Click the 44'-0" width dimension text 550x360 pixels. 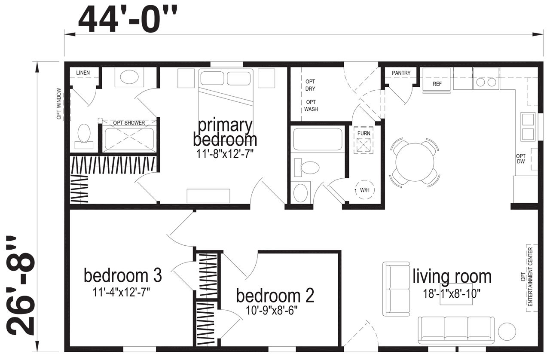[128, 20]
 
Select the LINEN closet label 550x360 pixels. [83, 73]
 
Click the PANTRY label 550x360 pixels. [401, 73]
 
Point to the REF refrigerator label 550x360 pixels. [437, 84]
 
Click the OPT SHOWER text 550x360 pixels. [129, 122]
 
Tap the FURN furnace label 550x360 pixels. [364, 133]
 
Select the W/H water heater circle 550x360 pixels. [365, 190]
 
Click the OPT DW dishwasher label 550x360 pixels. [521, 159]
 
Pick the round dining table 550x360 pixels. [415, 162]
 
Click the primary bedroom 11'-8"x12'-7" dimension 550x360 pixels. [225, 155]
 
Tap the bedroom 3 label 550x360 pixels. [123, 275]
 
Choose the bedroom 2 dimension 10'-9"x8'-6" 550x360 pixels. [272, 311]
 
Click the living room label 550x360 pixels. [452, 276]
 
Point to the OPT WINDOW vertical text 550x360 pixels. [59, 104]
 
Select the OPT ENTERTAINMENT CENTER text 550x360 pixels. [527, 277]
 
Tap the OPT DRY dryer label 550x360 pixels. [310, 85]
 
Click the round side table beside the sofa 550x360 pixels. [507, 331]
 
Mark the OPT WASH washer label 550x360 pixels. [311, 106]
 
